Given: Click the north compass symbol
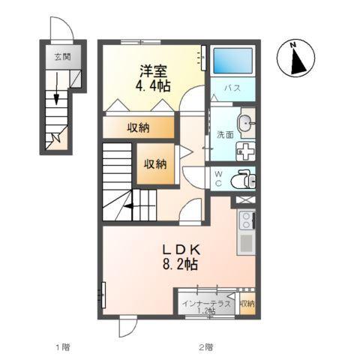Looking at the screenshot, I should tap(296, 59).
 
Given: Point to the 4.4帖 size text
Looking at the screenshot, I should tap(152, 86).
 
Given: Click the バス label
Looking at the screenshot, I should tap(232, 88).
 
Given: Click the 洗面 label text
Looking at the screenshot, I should tap(225, 135).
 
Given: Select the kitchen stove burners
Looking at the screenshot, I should tap(247, 220).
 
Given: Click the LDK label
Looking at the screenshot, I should tap(181, 249).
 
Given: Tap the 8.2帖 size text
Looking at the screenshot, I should tap(181, 265).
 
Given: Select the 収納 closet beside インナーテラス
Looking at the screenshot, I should tap(247, 304).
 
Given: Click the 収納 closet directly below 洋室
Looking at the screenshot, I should tap(138, 127).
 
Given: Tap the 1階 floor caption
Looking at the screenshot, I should tap(61, 347).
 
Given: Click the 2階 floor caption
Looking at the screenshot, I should tap(205, 347).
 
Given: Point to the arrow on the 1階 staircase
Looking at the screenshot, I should tap(55, 96).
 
